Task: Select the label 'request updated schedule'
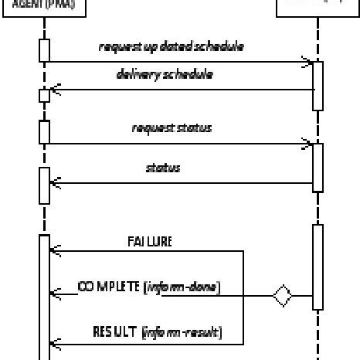coord(172,47)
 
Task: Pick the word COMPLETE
coord(111,287)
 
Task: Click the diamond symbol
coord(283,295)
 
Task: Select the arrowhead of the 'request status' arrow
coord(307,143)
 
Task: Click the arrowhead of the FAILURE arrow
coord(54,250)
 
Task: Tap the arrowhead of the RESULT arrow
coord(54,342)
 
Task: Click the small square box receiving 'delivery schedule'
coord(44,96)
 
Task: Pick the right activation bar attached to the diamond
coord(318,267)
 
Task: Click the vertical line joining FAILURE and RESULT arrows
coord(243,297)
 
